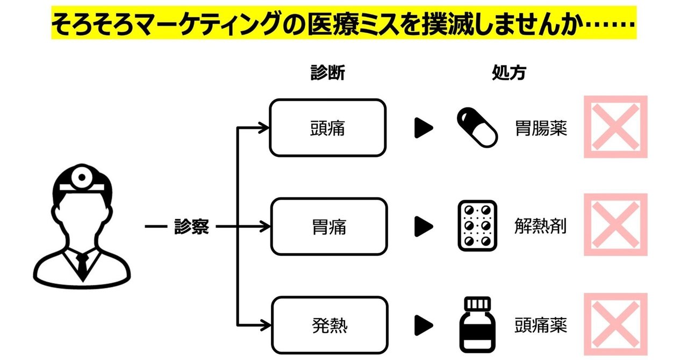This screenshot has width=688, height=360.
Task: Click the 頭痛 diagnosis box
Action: click(328, 128)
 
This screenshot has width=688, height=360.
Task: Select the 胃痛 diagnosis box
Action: click(328, 227)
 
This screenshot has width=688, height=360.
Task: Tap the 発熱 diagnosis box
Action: click(328, 325)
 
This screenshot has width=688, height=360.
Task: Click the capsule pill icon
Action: click(477, 128)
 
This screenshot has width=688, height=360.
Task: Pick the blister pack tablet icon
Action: click(477, 226)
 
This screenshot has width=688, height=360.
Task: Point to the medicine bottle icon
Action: click(477, 325)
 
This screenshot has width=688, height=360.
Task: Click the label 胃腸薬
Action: click(541, 128)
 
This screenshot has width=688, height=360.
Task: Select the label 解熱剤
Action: click(541, 227)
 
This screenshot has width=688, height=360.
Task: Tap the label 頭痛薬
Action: click(541, 325)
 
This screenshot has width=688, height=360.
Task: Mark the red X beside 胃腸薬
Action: click(616, 127)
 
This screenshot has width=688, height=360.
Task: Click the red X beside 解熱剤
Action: click(616, 225)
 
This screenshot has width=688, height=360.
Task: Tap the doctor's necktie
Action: click(82, 263)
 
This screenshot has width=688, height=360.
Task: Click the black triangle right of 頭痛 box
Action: click(424, 128)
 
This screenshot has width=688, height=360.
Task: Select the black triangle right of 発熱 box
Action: click(424, 325)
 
